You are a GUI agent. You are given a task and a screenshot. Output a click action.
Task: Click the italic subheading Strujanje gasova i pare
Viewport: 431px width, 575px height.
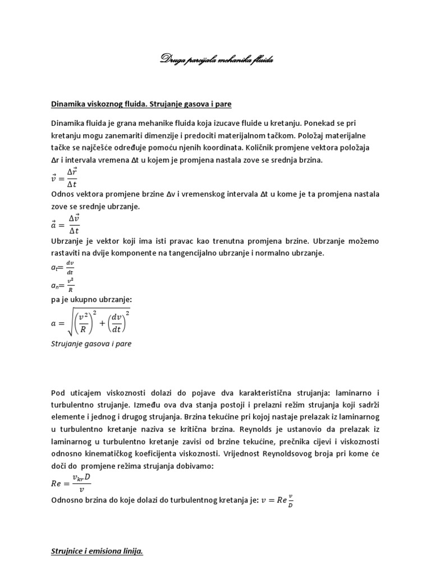[x=91, y=344]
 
